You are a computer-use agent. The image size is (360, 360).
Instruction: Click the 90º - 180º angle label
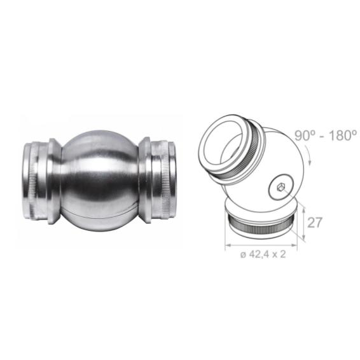click(326, 135)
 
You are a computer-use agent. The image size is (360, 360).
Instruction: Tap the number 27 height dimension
click(315, 222)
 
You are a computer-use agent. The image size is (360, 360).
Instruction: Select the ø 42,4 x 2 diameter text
click(263, 254)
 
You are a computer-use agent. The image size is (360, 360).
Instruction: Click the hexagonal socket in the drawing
click(280, 188)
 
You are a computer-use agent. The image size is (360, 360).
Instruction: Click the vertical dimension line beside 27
click(304, 223)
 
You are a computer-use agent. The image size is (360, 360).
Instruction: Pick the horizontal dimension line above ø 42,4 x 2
click(261, 246)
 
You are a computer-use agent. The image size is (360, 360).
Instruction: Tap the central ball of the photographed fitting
click(99, 181)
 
